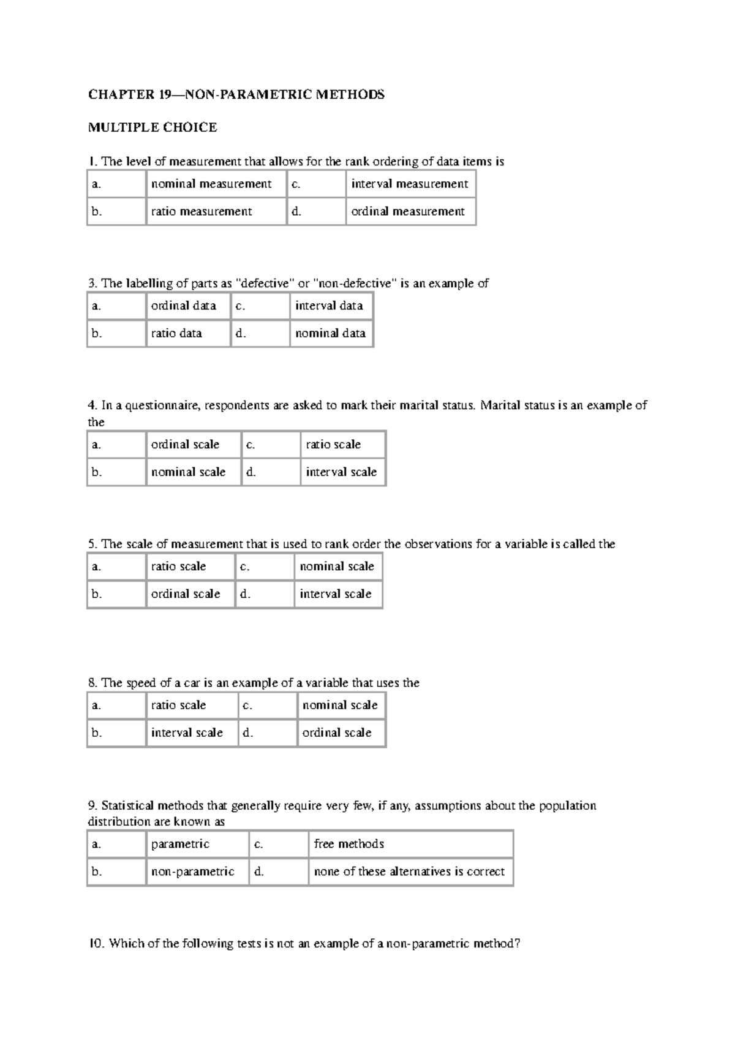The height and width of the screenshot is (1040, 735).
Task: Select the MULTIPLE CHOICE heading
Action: click(x=153, y=127)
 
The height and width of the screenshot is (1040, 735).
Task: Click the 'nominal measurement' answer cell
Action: click(x=211, y=184)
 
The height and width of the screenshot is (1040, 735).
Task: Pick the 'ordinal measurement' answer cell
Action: click(x=408, y=211)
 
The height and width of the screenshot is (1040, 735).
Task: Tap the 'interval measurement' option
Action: click(x=409, y=184)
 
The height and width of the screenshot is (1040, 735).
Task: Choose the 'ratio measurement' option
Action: click(x=202, y=211)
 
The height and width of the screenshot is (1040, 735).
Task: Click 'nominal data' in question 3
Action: click(x=330, y=333)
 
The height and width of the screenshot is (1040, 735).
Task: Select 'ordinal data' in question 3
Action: click(x=184, y=306)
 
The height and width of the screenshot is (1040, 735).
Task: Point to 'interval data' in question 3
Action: click(x=329, y=306)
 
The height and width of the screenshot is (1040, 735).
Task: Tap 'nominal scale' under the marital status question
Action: click(x=188, y=472)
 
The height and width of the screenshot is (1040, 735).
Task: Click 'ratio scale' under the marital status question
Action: click(x=333, y=445)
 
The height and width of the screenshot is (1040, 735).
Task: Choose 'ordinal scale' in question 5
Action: click(x=186, y=594)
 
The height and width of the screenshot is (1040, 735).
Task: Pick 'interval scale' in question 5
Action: click(x=336, y=594)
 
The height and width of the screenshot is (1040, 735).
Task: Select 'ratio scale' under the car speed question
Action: click(x=178, y=705)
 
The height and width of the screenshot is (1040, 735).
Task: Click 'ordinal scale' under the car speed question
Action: click(x=337, y=733)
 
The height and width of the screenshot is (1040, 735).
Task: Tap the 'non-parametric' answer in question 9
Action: click(x=192, y=872)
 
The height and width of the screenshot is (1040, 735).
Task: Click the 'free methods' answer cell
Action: click(x=349, y=844)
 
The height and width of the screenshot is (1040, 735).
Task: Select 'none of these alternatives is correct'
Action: click(x=409, y=872)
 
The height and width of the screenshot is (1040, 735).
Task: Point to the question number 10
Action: click(x=96, y=944)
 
